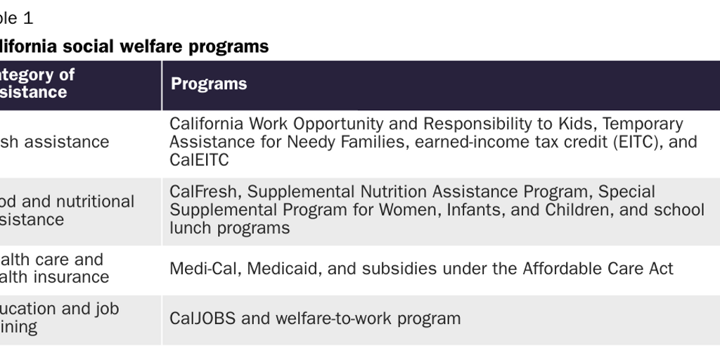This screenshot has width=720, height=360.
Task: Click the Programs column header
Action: (209, 84)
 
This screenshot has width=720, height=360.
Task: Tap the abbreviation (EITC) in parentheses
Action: (636, 142)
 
